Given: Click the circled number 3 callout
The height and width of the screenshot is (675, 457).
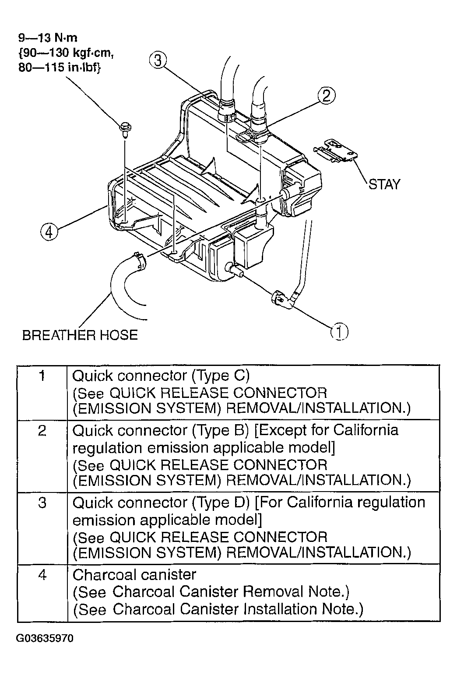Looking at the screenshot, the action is tap(158, 60).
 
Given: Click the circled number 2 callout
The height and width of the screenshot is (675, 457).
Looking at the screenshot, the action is tap(327, 95).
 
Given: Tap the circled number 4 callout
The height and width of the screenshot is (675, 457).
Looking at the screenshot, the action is tap(49, 232).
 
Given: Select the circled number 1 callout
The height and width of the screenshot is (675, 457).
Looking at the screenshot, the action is tap(340, 332).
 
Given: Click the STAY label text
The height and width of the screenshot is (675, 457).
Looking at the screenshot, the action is tap(384, 184).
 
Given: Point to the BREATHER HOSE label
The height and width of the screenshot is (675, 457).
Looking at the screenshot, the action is tap(80, 335).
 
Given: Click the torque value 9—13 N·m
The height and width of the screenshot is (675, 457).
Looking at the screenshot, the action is tap(48, 38).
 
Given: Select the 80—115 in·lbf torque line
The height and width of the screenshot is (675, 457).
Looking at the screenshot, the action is tap(60, 67).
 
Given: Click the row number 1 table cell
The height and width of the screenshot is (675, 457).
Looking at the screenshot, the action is tap(42, 393).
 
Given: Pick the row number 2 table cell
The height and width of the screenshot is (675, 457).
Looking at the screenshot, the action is tap(42, 456).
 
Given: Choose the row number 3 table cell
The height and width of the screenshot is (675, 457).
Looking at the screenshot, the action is tap(42, 528).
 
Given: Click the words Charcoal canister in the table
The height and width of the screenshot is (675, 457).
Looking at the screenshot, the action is tap(134, 575).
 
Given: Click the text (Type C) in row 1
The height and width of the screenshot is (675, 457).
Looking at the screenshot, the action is tap(221, 376).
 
